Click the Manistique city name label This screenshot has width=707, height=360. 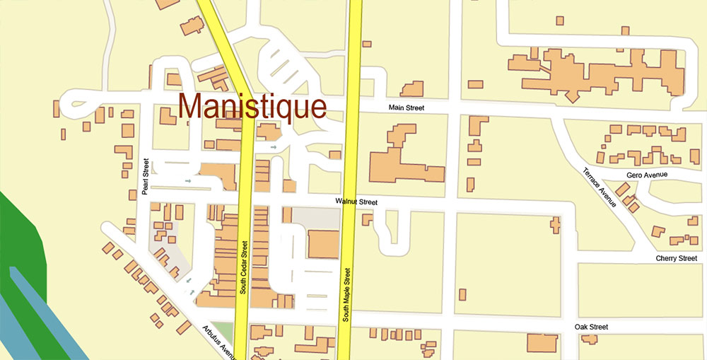coord(252,106)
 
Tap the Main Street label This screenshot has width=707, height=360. coord(407,108)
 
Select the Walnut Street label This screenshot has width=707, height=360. coord(356,202)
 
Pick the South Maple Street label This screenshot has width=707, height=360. coord(346,294)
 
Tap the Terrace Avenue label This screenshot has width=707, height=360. coord(599,187)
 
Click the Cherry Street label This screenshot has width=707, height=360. coord(677,259)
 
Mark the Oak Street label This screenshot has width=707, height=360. coord(591,327)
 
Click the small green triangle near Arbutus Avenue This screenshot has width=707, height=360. coord(226,330)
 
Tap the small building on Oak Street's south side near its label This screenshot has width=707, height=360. coord(589,339)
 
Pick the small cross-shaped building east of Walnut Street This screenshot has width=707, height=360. coord(555,225)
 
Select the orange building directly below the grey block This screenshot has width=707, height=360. coord(323,245)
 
